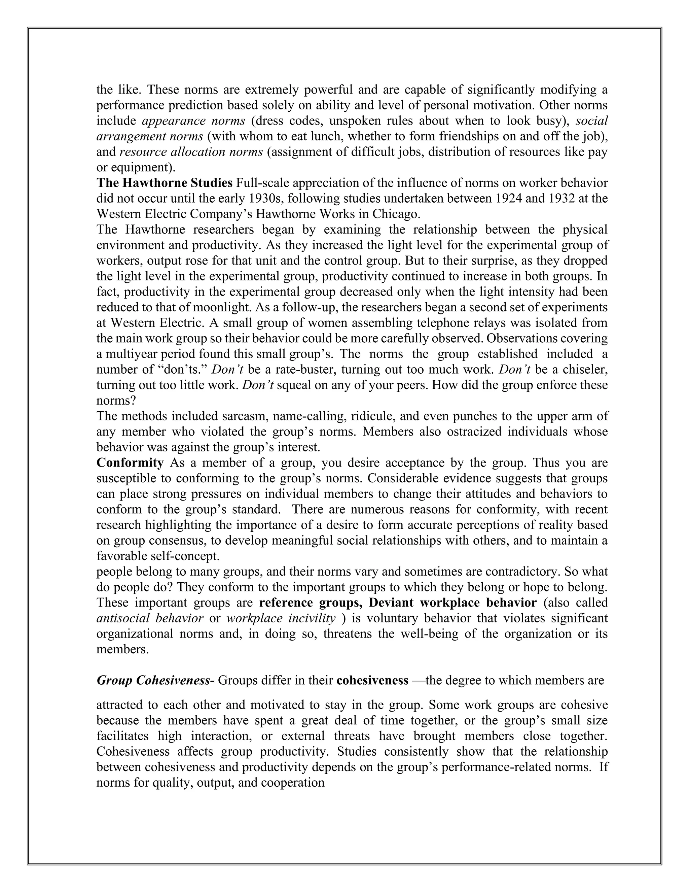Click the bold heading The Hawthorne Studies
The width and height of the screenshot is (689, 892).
[164, 183]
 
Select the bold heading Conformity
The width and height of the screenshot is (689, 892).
[130, 463]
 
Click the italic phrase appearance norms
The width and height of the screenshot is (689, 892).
[193, 121]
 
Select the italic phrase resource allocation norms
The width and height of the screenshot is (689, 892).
[191, 152]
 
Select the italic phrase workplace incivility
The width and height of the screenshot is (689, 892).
[281, 618]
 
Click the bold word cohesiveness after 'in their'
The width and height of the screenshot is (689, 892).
[372, 680]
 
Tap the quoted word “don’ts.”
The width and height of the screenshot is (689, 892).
[183, 370]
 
